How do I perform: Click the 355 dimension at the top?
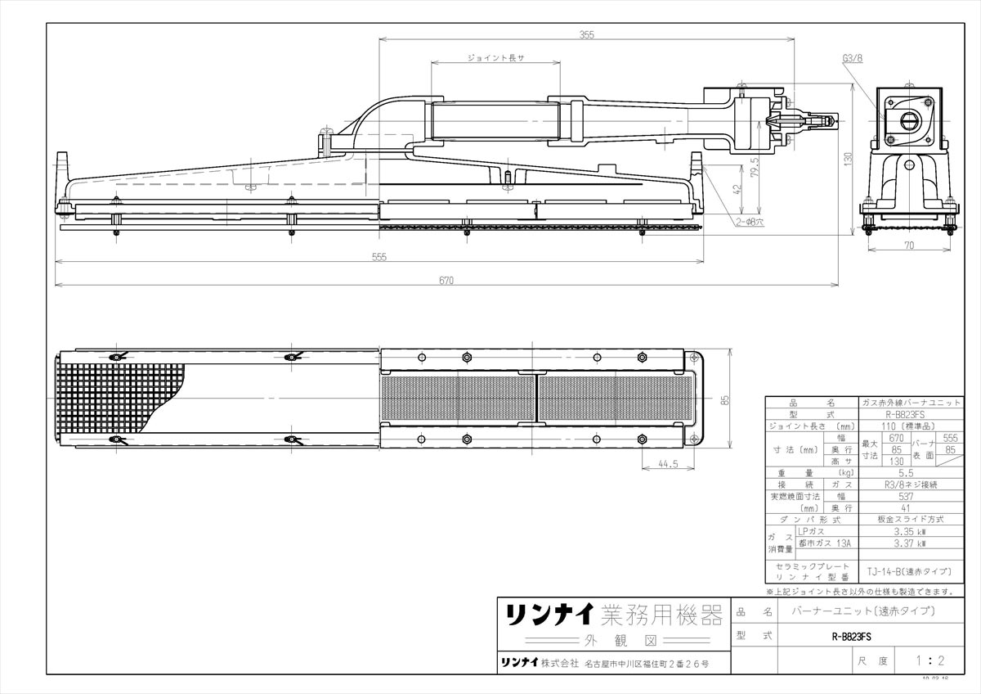click(x=586, y=35)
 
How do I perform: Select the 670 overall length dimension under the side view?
click(x=446, y=280)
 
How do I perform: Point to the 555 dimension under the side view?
click(x=379, y=256)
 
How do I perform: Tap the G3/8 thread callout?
click(x=852, y=59)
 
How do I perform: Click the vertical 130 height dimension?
click(x=848, y=157)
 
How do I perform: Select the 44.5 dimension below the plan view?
click(x=668, y=464)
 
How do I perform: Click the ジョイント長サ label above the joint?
click(x=495, y=59)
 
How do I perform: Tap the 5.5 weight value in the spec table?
click(x=905, y=472)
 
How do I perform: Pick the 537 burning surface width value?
click(x=905, y=496)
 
